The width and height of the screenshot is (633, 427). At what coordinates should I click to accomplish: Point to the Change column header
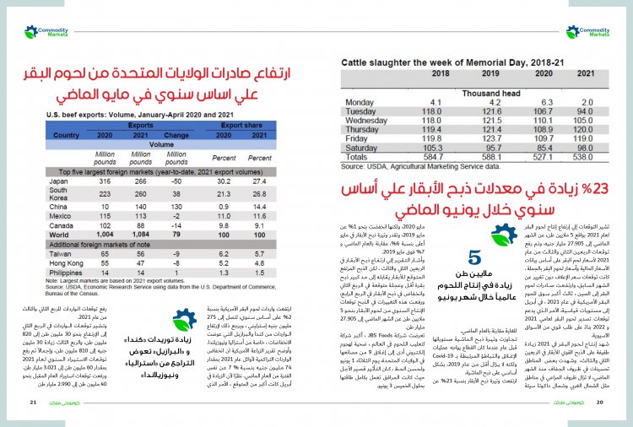pyautogui.click(x=176, y=135)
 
